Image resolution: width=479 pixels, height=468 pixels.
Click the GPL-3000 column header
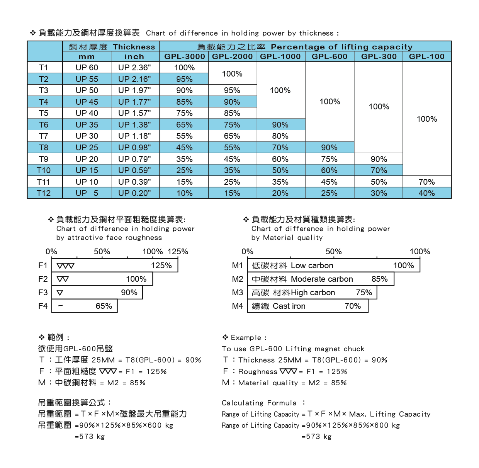coord(184,56)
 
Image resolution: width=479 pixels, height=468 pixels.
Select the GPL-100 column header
coord(426,56)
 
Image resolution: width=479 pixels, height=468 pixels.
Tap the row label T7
coord(44,136)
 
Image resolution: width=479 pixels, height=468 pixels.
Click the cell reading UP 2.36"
coord(134,68)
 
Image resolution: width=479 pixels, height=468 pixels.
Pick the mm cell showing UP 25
coord(87,148)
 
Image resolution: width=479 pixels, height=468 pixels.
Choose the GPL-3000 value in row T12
coord(184,193)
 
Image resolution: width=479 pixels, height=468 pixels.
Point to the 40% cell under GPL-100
coord(426,193)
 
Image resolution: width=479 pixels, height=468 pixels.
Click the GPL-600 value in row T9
coord(329,159)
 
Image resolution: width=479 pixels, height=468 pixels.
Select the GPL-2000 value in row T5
coord(232,113)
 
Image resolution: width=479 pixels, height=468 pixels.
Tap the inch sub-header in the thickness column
coord(134,56)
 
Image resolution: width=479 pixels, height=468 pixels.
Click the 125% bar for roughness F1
coord(115,265)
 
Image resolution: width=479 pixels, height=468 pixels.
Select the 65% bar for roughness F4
coord(85,306)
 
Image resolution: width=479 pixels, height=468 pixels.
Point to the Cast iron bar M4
coord(307,306)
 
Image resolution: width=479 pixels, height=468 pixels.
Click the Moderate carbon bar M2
coord(320,279)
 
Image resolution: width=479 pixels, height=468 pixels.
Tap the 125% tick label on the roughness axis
coord(178,252)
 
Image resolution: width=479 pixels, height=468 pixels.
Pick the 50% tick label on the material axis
coord(333,252)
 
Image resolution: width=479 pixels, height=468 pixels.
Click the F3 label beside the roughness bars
coord(43,293)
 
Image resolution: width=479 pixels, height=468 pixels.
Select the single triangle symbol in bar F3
coord(60,293)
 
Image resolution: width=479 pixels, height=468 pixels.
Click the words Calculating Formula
coord(259,403)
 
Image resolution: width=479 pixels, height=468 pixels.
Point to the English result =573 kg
coord(316,437)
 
